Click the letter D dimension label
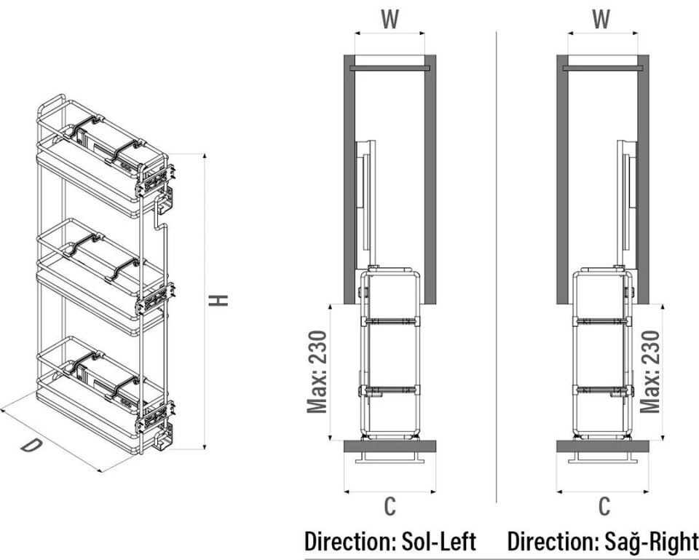click(x=30, y=445)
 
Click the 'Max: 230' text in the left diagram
click(x=317, y=371)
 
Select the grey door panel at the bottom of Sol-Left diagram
click(x=390, y=446)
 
